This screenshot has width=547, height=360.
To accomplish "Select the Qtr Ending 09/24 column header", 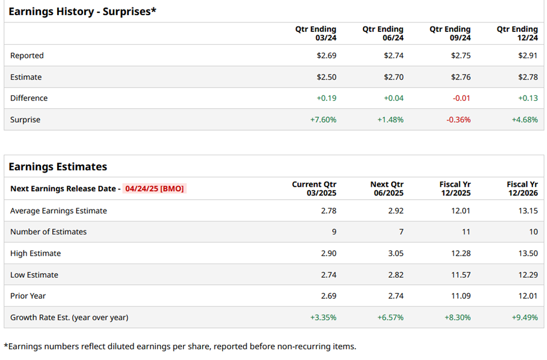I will click(450, 34).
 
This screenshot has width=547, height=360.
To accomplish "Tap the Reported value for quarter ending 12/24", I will click(528, 56).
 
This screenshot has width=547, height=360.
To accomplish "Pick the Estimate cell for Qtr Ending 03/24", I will click(327, 77).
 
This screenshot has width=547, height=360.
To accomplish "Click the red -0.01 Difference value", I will click(462, 98).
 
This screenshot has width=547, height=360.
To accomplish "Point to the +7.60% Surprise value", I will click(323, 119).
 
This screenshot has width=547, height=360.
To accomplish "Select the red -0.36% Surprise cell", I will click(458, 119).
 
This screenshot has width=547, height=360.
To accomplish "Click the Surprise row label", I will click(25, 119).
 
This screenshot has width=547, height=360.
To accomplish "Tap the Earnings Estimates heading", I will click(58, 167).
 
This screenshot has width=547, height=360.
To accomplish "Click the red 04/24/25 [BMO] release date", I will click(154, 188).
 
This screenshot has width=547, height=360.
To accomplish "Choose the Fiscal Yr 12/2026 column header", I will click(522, 188).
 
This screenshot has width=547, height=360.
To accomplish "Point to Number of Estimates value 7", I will click(400, 232).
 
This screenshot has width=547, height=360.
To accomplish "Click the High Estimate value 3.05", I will click(395, 253).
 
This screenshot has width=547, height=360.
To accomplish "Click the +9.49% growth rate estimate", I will click(525, 317).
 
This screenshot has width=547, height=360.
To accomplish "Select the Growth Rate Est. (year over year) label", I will click(69, 317).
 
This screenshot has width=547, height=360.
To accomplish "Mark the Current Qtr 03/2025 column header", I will click(314, 188).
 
